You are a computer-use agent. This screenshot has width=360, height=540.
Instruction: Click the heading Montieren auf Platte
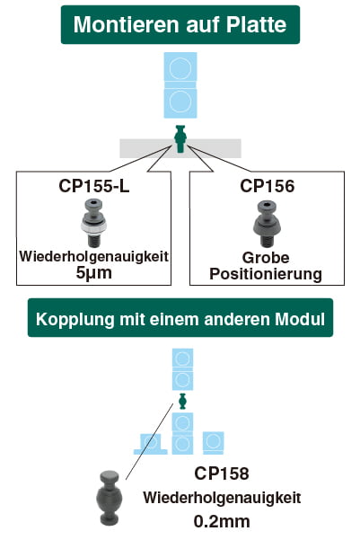(x=180, y=24)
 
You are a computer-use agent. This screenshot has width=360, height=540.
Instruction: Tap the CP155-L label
(x=94, y=186)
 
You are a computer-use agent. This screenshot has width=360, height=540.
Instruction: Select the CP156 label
(x=268, y=186)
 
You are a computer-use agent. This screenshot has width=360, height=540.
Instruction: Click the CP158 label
(x=222, y=474)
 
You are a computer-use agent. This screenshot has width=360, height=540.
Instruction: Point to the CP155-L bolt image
(x=93, y=223)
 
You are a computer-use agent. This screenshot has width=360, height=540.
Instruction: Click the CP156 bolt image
(x=267, y=224)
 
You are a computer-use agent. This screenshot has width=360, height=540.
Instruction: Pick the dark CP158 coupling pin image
(x=110, y=498)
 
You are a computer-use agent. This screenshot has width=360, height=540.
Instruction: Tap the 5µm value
(x=94, y=273)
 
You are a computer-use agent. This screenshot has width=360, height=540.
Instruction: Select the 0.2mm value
(x=222, y=521)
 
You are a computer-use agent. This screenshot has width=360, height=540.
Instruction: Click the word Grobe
(x=266, y=258)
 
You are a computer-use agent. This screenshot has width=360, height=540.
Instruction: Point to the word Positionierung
(x=266, y=274)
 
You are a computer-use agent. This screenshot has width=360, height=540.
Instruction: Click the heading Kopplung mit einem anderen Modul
(x=180, y=319)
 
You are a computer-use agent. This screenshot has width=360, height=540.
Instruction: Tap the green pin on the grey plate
(x=180, y=138)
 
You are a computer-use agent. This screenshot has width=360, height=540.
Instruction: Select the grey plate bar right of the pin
(x=214, y=148)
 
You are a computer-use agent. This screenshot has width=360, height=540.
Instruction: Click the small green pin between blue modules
(x=182, y=401)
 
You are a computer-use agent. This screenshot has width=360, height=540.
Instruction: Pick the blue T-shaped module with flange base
(x=151, y=444)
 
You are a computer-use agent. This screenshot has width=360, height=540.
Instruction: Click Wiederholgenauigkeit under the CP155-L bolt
(x=94, y=257)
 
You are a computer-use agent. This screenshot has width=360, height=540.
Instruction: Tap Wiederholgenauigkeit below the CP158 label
(x=222, y=498)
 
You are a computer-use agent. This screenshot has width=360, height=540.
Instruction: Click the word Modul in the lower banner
(x=300, y=319)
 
